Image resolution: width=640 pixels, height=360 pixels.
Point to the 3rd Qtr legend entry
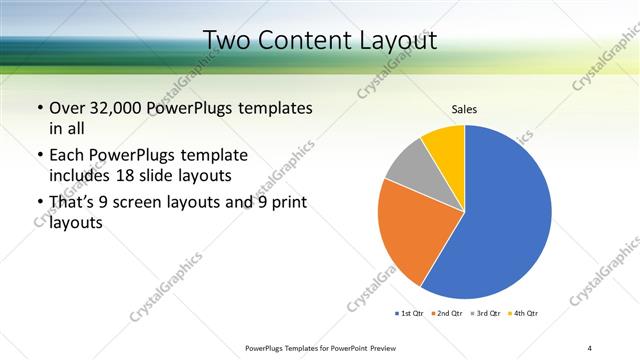[x=486, y=313]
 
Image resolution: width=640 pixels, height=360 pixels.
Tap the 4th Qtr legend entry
[x=524, y=313]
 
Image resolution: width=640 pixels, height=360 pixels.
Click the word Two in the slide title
[x=225, y=41]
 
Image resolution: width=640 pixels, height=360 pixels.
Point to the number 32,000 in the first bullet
[x=120, y=108]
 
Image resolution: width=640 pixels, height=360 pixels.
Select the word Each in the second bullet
[x=68, y=155]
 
